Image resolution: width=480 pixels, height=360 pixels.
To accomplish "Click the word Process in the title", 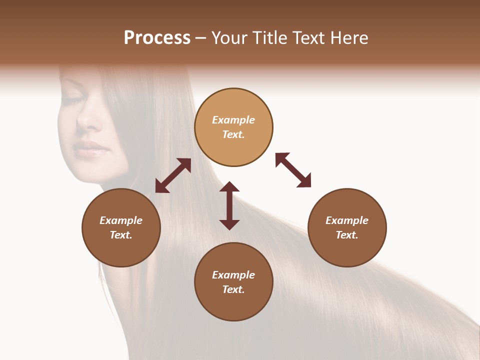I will (157, 38).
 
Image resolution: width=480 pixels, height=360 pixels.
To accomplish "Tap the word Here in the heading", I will (349, 38).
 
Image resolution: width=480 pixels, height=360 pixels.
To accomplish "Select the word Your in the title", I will (229, 38).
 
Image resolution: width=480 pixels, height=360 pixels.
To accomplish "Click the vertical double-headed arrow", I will (229, 205).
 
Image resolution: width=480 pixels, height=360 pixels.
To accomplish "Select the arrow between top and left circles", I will (173, 175).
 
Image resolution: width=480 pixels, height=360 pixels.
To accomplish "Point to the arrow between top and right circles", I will (293, 170).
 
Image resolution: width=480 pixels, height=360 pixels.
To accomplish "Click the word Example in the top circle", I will (233, 120).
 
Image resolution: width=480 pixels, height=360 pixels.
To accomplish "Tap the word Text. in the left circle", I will (121, 235).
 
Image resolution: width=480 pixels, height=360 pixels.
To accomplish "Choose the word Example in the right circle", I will (347, 220).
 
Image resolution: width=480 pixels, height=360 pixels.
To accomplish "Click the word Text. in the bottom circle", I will (233, 289).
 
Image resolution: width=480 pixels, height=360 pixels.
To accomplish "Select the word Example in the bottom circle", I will (233, 275).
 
